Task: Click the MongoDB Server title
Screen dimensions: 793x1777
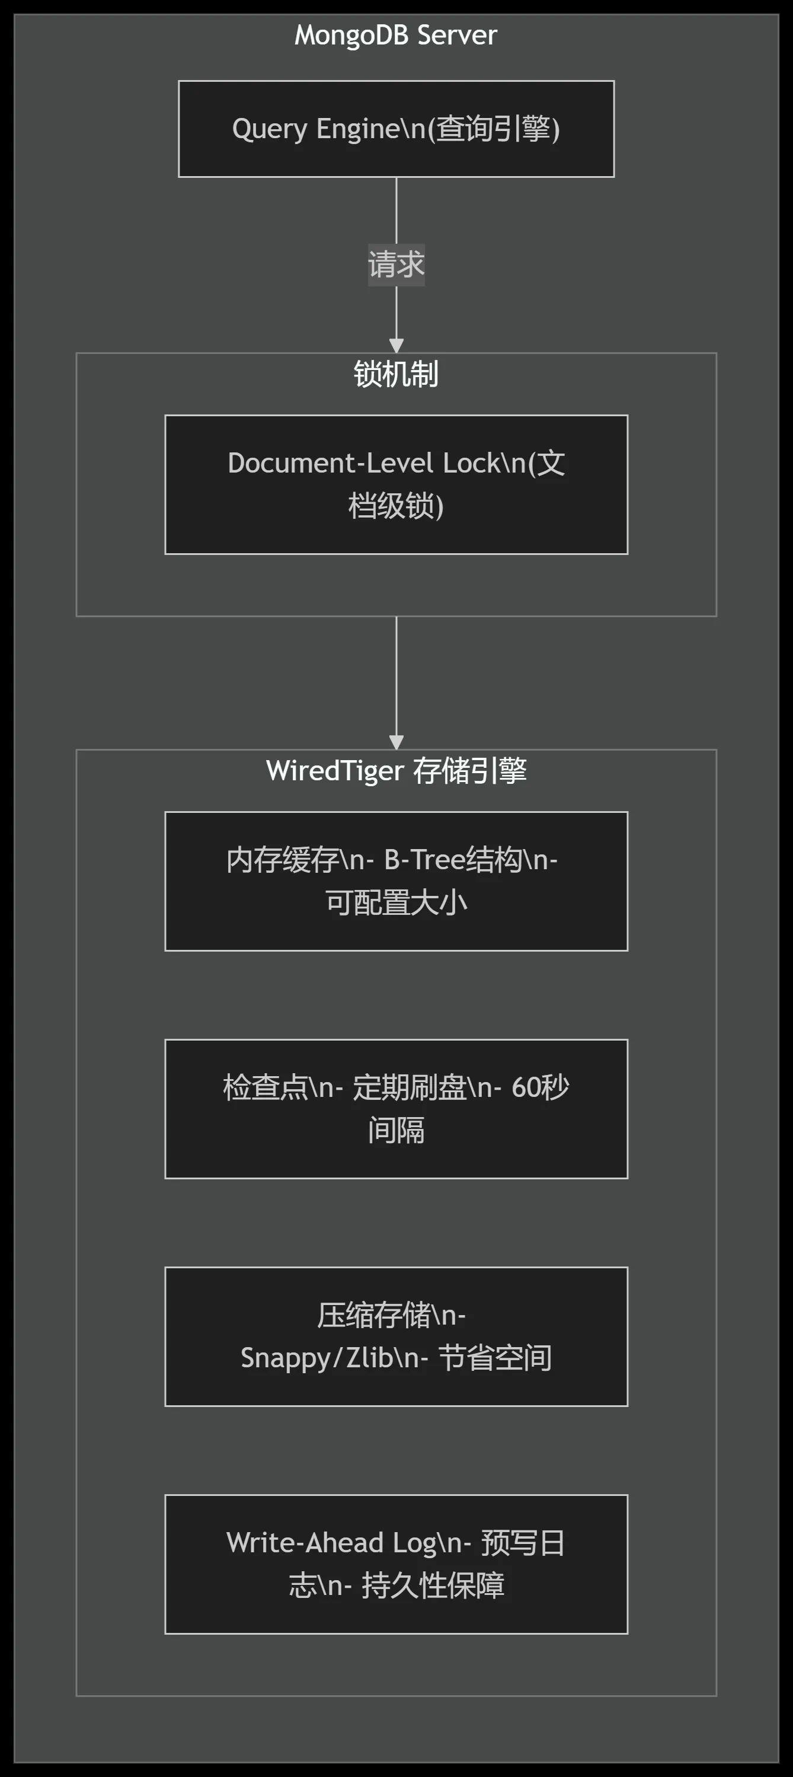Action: (x=396, y=35)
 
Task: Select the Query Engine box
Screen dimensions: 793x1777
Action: (x=396, y=129)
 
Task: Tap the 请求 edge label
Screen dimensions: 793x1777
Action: (x=396, y=265)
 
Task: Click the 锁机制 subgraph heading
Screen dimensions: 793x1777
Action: (x=396, y=374)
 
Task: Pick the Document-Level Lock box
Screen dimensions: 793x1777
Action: (x=396, y=484)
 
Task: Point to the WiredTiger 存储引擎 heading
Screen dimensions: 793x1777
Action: (x=396, y=771)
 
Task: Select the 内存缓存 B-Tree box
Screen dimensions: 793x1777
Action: (x=396, y=881)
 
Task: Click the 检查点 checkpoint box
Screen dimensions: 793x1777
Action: (x=396, y=1109)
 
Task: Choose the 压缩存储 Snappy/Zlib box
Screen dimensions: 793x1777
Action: (x=396, y=1336)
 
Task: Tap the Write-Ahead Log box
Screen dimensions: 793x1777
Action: (x=396, y=1564)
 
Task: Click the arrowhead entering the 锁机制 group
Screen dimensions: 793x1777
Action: (x=396, y=346)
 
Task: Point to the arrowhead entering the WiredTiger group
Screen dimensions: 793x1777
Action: (x=396, y=742)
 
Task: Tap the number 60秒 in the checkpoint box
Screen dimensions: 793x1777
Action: (x=540, y=1087)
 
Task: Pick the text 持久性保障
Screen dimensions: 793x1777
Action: (x=433, y=1585)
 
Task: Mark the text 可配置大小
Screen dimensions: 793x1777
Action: (x=396, y=902)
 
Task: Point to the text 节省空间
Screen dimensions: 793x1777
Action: (x=494, y=1358)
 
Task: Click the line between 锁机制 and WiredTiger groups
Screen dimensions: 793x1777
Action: (x=396, y=676)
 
